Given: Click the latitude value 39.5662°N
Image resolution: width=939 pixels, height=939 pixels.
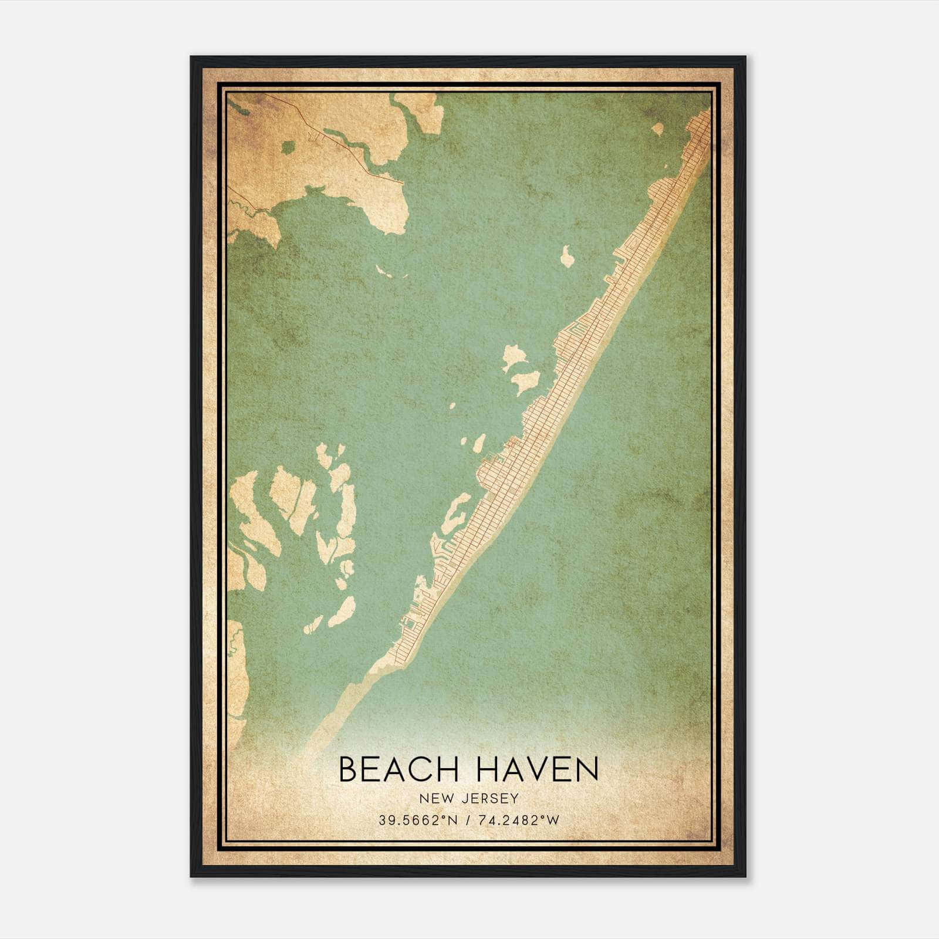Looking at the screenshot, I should tap(408, 820).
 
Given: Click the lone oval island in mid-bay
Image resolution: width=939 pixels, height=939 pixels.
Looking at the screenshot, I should tap(568, 256).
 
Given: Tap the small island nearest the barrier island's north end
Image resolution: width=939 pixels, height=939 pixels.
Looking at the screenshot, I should tap(657, 129).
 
